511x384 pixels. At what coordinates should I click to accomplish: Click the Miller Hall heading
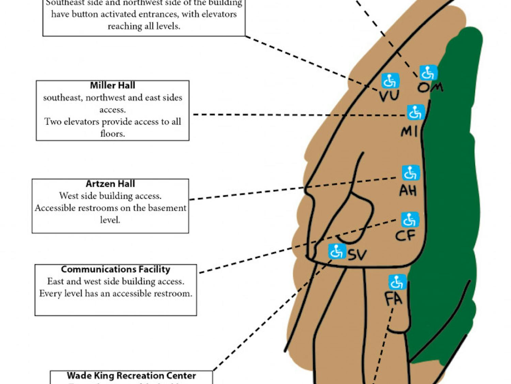(112, 85)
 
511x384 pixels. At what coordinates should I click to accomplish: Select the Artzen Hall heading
(110, 184)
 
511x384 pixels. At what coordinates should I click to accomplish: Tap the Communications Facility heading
(115, 269)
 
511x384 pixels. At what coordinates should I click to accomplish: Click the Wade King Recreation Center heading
(131, 375)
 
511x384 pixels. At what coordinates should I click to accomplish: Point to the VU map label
(389, 96)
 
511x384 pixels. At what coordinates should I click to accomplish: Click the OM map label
(430, 87)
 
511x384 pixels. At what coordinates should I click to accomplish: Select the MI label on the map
(409, 131)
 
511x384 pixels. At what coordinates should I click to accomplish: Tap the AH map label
(408, 190)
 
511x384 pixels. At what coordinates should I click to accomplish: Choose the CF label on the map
(405, 235)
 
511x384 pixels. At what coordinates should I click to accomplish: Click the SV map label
(357, 255)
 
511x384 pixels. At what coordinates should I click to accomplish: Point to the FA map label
(393, 299)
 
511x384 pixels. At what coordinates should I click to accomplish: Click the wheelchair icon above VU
(390, 81)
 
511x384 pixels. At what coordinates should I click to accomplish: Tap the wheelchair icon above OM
(428, 73)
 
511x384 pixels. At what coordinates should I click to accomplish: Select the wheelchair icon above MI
(416, 112)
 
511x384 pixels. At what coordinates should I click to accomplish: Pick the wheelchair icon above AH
(411, 173)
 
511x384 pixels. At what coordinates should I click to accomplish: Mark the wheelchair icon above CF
(409, 220)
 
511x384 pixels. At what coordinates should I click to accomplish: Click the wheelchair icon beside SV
(337, 252)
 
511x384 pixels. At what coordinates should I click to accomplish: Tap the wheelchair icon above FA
(397, 282)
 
